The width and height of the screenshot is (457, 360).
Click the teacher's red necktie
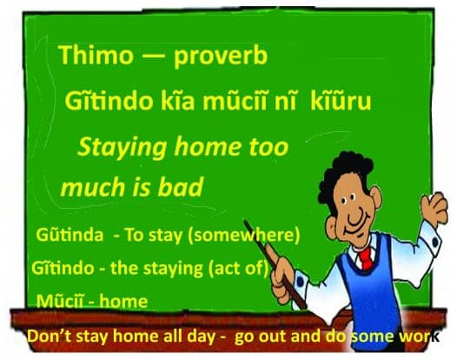coord(366,257)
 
